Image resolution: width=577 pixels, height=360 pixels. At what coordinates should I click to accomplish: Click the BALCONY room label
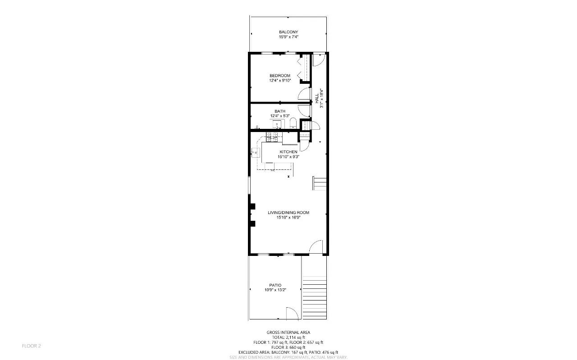pos(288,32)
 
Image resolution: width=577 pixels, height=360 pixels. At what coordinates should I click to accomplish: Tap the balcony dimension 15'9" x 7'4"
pos(288,37)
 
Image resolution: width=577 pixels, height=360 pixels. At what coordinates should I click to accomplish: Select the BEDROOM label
pos(280,75)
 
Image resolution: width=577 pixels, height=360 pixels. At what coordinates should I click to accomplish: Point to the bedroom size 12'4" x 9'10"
pos(280,80)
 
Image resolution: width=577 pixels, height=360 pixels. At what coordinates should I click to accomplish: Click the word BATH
pos(280,111)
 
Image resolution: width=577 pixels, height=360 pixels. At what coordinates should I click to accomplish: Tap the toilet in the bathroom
pos(293,123)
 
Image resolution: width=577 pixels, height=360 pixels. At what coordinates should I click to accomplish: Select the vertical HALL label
pos(317,96)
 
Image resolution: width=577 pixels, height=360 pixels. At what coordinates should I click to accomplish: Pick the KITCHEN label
pos(288,152)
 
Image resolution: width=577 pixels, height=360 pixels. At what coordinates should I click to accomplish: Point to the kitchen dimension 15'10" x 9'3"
pos(288,157)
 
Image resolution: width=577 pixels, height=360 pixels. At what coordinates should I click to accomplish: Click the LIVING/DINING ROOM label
pos(288,213)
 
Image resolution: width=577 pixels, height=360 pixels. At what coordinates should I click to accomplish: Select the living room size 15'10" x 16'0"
pos(288,218)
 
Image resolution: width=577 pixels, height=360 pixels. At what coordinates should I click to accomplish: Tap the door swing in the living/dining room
pos(316,247)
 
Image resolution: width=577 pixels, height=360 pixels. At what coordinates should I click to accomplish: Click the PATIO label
pos(275,285)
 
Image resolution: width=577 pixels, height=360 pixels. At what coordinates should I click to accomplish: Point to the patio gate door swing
pos(292,313)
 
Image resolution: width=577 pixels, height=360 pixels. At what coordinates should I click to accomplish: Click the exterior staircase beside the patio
pos(315,293)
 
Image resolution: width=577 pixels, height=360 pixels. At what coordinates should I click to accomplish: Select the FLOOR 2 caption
pos(32,346)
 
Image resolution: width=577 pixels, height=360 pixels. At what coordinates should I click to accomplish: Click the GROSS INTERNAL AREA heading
pos(288,333)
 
